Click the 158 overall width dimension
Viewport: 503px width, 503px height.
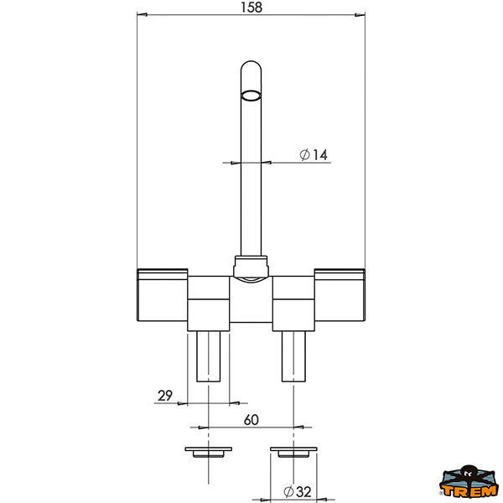(251, 8)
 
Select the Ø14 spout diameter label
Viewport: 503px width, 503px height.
(314, 154)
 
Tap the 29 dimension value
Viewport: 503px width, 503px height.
(165, 396)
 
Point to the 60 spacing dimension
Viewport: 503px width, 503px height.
(251, 420)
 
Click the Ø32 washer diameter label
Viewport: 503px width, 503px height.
(298, 491)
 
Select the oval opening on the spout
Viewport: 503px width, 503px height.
(251, 96)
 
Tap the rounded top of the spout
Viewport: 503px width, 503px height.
(251, 65)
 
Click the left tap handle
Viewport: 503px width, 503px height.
(163, 295)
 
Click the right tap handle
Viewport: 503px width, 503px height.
(340, 295)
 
